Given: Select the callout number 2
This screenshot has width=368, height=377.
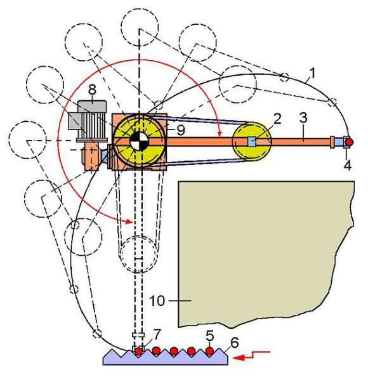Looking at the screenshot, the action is point(277,119).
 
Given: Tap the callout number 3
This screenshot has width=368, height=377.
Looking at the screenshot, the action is point(303,118).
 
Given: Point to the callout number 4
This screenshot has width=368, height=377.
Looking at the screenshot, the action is point(347,165).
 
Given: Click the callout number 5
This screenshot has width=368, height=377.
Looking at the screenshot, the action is point(209,336).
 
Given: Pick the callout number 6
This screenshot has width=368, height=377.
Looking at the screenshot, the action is point(234,342).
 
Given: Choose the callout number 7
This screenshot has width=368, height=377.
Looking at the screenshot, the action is point(157,334).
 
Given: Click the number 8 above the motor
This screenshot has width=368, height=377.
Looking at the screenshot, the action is point(92,90).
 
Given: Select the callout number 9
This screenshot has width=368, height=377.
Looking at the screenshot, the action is point(181,130).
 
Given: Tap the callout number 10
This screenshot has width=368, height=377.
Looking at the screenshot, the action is point(157,301).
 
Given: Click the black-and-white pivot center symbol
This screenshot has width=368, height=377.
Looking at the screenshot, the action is point(140,142).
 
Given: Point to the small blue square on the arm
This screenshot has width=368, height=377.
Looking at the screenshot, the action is point(251,142).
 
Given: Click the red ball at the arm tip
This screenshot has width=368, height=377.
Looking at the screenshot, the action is point(349,142).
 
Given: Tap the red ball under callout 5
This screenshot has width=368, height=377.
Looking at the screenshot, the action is point(209,352).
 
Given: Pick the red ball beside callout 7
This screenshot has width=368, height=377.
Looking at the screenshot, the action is point(138,352).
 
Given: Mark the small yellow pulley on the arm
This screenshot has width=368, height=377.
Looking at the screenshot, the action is point(252,142).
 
